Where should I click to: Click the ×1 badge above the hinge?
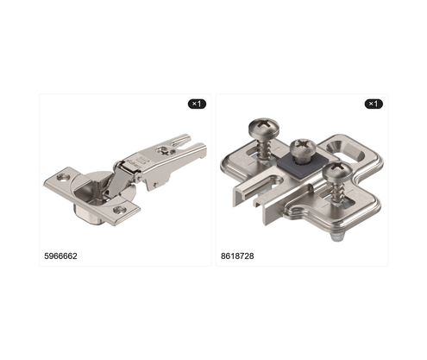tap(197, 104)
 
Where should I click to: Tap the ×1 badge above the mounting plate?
tap(374, 104)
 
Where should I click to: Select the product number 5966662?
tap(60, 256)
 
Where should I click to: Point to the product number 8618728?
tap(237, 256)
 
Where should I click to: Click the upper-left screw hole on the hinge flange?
tap(62, 178)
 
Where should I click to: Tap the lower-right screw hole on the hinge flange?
tap(120, 210)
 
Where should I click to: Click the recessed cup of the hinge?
tap(88, 196)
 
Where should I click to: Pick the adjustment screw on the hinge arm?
tap(164, 150)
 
